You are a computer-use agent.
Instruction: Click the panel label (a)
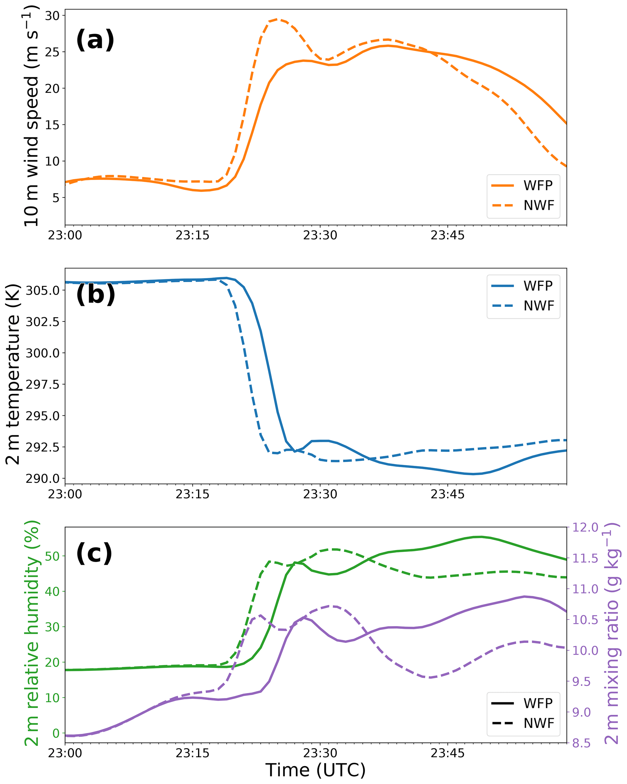(x=95, y=40)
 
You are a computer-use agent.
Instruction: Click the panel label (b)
(x=95, y=294)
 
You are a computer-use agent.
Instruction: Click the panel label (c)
(x=94, y=553)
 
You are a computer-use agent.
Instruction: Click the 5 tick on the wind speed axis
(x=56, y=198)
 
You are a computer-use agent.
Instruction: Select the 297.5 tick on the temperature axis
(x=42, y=384)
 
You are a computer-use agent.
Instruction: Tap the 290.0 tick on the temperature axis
(x=42, y=479)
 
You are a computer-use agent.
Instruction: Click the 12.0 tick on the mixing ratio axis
(x=585, y=527)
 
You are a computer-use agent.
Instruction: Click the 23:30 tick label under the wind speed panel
(x=320, y=236)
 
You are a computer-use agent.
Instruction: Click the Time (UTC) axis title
(x=315, y=770)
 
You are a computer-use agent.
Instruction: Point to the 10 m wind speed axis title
(x=32, y=116)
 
